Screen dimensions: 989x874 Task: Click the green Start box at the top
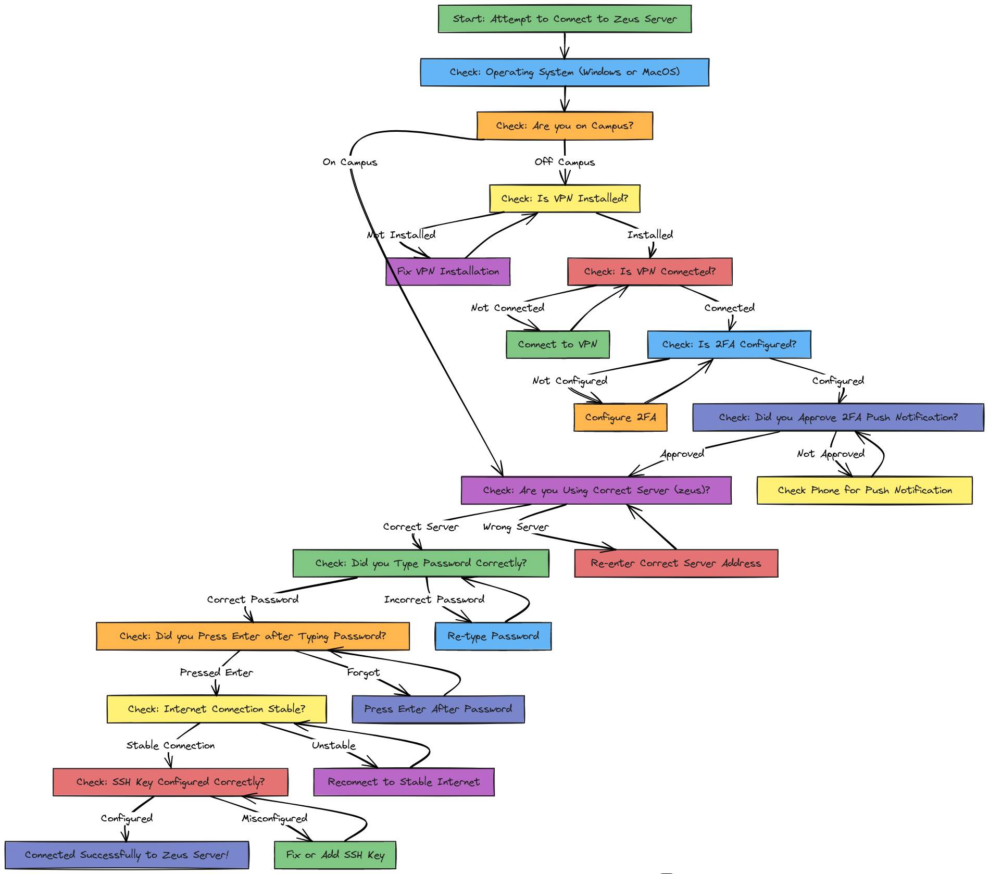tap(565, 19)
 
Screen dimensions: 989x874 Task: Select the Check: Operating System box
tap(565, 72)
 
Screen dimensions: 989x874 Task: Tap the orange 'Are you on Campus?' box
tap(565, 126)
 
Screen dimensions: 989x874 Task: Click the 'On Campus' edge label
tap(350, 162)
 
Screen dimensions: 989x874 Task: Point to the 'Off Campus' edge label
tap(565, 162)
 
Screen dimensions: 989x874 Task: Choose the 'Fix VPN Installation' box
tap(448, 271)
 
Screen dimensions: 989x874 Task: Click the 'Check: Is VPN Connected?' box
tap(650, 271)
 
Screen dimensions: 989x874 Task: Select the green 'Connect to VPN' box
tap(558, 344)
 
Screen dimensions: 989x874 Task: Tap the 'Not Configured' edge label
tap(570, 381)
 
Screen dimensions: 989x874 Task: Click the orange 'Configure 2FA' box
tap(620, 417)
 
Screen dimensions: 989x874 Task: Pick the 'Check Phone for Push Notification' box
tap(865, 490)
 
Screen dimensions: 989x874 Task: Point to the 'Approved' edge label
tap(682, 454)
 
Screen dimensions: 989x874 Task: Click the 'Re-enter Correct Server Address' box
tap(676, 563)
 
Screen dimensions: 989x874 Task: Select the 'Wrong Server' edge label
tap(516, 527)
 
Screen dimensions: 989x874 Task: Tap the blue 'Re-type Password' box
tap(493, 636)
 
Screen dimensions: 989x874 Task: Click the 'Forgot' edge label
tap(364, 672)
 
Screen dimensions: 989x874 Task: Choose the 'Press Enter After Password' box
tap(438, 709)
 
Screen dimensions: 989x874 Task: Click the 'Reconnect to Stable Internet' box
tap(404, 782)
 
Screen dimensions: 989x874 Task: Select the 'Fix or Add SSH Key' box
tap(335, 855)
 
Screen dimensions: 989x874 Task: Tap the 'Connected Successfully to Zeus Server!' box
tap(127, 855)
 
